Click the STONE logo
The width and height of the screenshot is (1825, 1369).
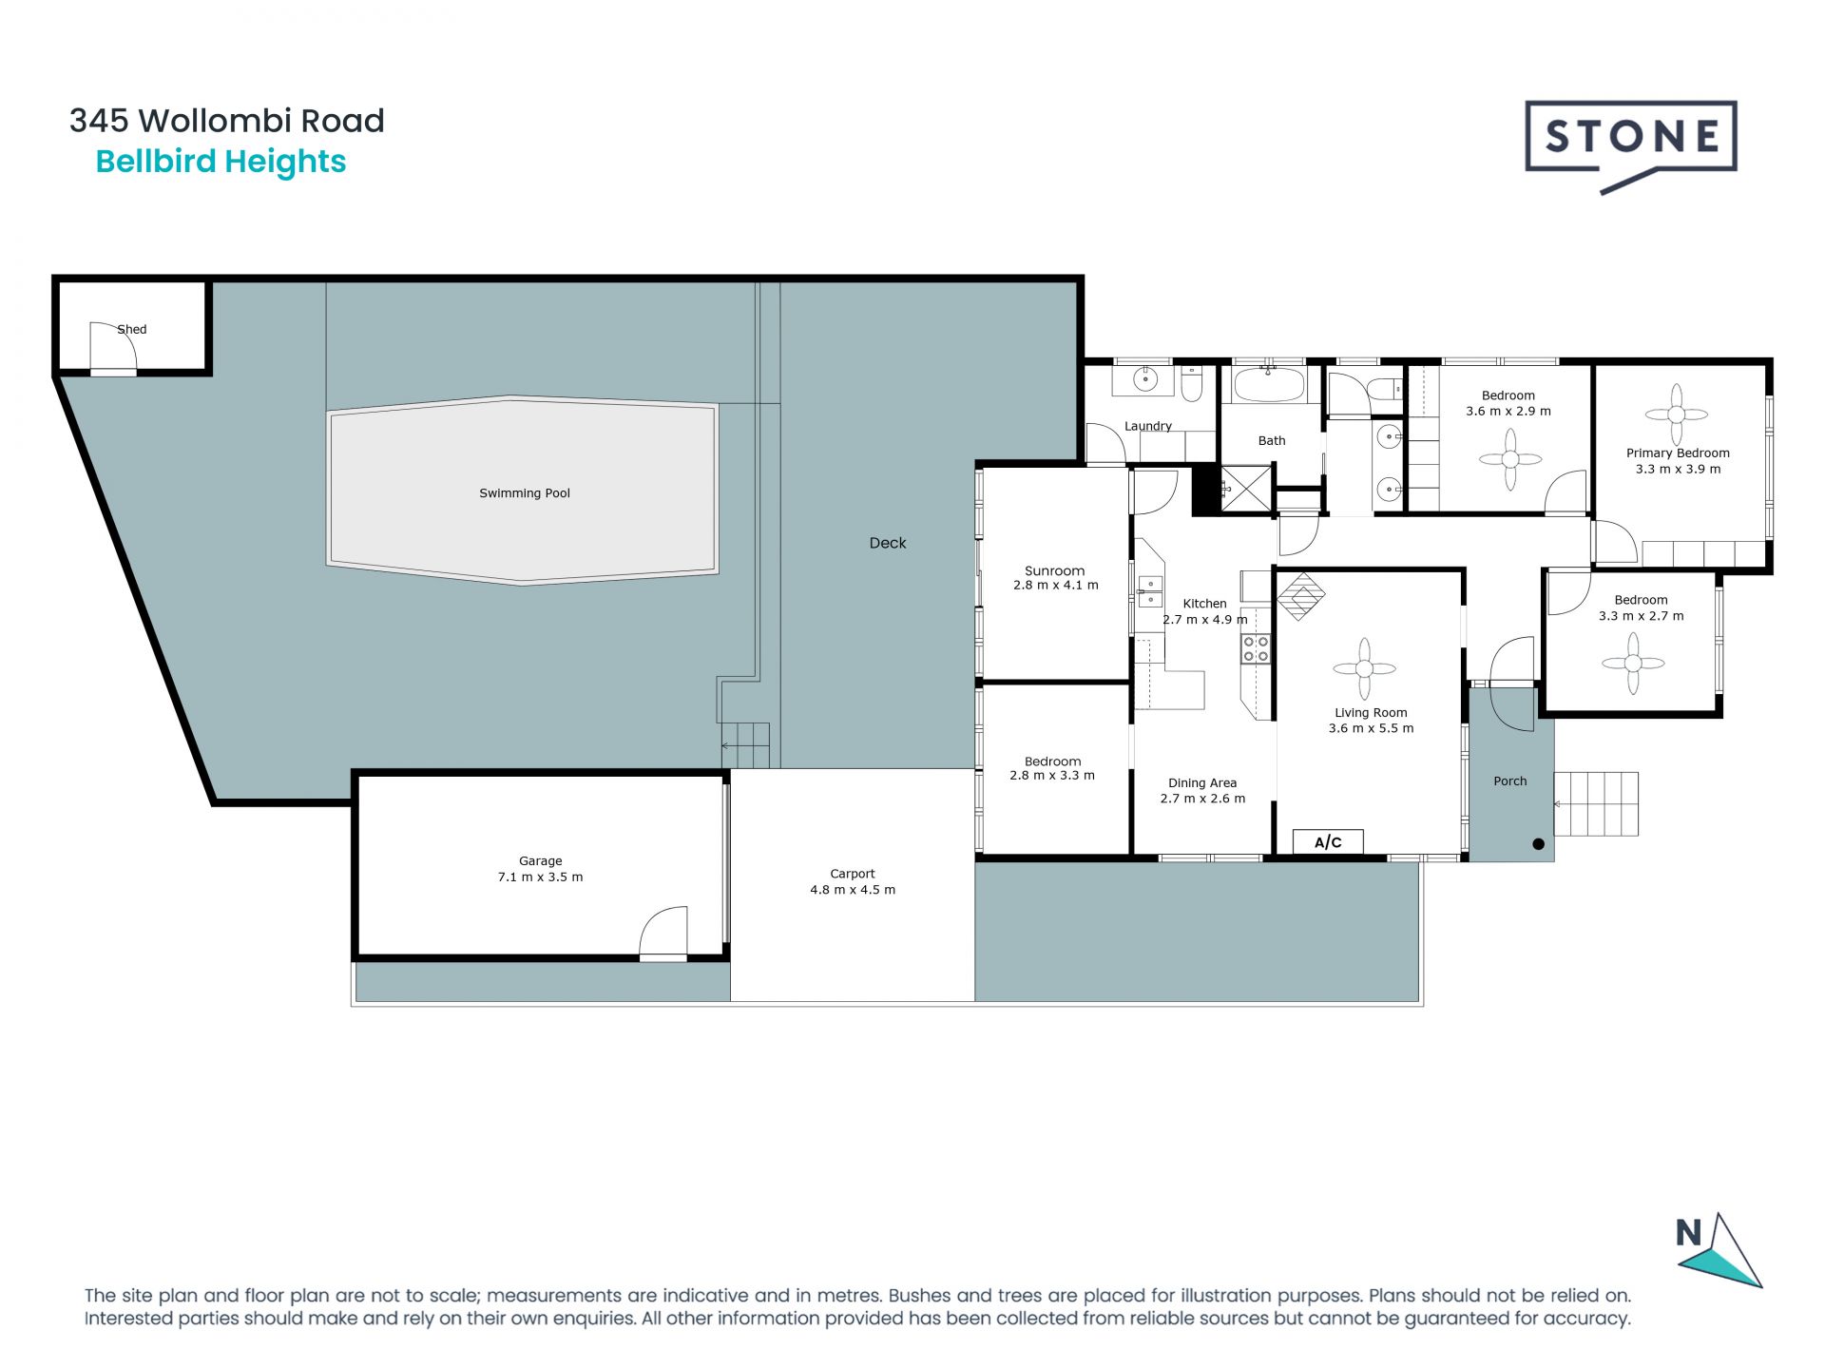1631,145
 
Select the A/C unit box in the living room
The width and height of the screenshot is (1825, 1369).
1328,841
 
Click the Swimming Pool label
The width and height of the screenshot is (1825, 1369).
525,493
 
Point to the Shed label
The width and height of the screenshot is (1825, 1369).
132,330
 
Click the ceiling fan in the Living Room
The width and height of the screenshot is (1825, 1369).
1364,669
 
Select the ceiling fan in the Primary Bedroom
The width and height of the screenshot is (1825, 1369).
1677,415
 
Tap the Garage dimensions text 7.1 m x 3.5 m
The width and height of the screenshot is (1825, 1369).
540,877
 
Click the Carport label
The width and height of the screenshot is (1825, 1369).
853,874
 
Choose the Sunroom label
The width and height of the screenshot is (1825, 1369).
1055,571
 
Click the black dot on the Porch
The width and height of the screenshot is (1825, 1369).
1539,843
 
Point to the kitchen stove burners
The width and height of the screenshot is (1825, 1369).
1257,649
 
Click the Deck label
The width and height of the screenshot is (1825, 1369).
888,543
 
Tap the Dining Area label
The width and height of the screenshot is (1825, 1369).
1202,783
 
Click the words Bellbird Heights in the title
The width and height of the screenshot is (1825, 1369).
221,162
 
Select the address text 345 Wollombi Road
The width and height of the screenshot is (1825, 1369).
227,121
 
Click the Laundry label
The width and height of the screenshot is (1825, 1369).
1148,426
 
